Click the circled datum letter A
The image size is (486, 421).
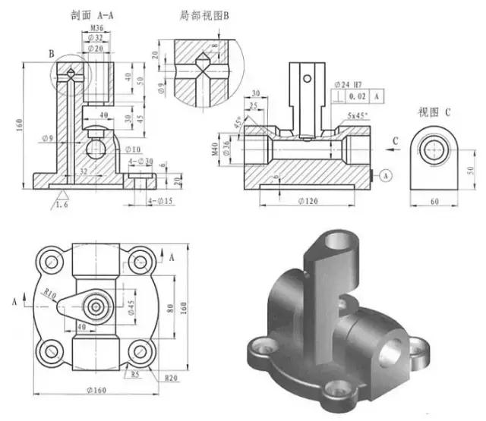pyautogui.click(x=385, y=175)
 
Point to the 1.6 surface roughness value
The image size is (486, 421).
pyautogui.click(x=66, y=203)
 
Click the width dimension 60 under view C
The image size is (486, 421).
pyautogui.click(x=434, y=201)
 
